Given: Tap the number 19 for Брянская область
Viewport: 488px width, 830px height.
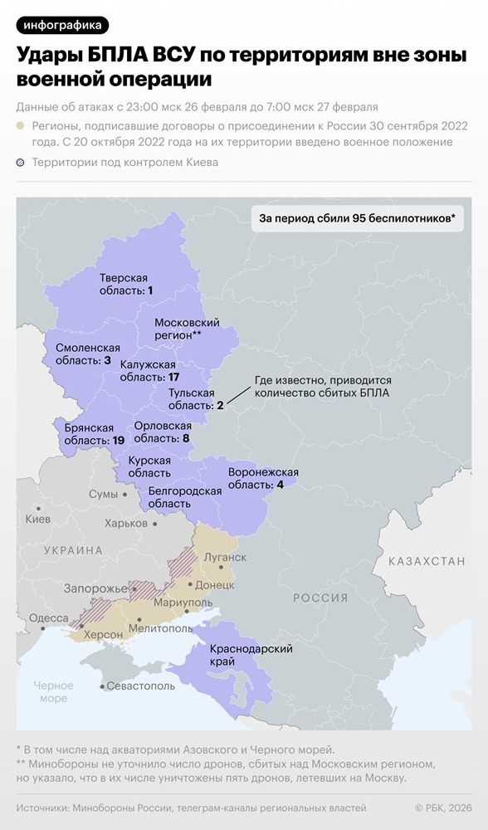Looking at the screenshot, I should [x=118, y=440].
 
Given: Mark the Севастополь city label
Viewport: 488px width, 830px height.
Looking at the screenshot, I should [x=142, y=686].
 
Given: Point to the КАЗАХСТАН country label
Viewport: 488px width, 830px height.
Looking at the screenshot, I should [x=427, y=562].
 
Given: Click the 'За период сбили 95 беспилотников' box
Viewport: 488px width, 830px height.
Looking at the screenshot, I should [x=357, y=218].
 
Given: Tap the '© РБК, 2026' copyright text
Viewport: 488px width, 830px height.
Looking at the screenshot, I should [x=442, y=808].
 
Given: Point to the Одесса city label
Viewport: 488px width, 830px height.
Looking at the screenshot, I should [x=48, y=618].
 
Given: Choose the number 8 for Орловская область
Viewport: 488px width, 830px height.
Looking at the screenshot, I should [x=186, y=437].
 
